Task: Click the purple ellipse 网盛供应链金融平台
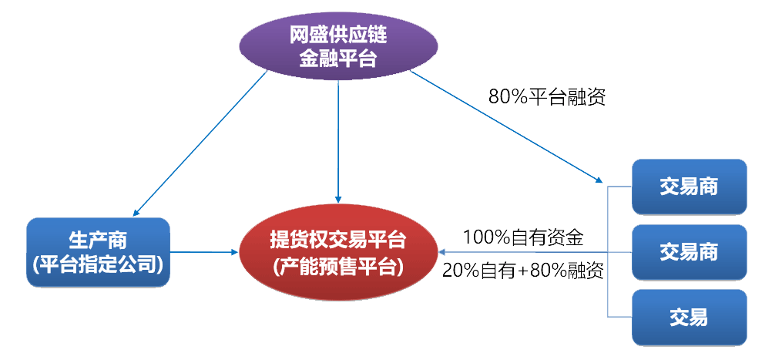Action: point(337,45)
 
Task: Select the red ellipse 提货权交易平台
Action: point(338,252)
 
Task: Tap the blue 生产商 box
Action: point(98,252)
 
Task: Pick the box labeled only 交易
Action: point(689,317)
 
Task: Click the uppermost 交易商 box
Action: point(689,186)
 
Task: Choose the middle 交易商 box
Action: point(689,251)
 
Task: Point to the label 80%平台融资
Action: point(547,96)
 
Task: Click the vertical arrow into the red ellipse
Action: point(338,139)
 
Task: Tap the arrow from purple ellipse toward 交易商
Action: point(509,128)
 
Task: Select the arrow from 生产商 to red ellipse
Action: point(204,251)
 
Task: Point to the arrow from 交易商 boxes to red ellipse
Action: point(524,252)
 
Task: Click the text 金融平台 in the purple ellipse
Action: point(337,58)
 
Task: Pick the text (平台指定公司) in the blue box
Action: point(98,265)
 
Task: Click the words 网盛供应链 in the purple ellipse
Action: point(337,34)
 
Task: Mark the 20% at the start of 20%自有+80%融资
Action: point(459,271)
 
